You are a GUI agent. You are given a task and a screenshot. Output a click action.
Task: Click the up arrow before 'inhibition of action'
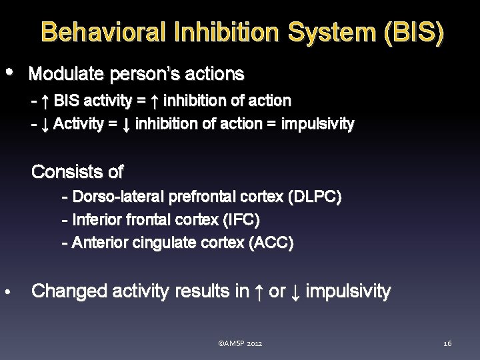(x=154, y=101)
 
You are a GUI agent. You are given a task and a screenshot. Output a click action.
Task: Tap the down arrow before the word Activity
(x=44, y=124)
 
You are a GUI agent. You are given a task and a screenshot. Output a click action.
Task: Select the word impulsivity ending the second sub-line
(x=318, y=124)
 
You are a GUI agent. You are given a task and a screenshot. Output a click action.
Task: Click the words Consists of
(x=77, y=172)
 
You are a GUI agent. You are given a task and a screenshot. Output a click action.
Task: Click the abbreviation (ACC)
(x=271, y=243)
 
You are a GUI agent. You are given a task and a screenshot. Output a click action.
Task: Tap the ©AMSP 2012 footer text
(x=240, y=343)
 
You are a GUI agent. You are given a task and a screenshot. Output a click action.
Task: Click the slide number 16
(x=447, y=343)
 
